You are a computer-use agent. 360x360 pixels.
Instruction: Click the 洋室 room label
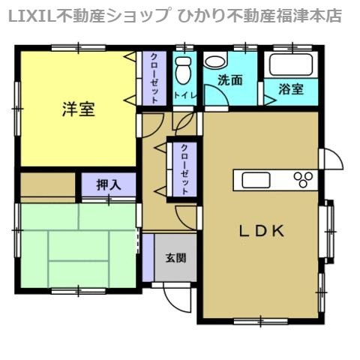[79, 109]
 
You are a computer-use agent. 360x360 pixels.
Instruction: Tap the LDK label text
[262, 231]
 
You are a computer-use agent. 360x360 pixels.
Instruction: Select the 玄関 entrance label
[176, 258]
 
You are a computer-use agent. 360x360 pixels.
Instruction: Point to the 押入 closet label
[109, 185]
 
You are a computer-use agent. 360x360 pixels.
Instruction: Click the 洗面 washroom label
[230, 80]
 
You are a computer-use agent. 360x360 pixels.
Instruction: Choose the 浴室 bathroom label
[291, 88]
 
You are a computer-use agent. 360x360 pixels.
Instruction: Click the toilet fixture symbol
[184, 70]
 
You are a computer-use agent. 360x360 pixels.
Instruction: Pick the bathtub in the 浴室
[291, 64]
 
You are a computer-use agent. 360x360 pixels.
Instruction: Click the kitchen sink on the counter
[256, 180]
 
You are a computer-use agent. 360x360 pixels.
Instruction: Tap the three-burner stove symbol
[303, 179]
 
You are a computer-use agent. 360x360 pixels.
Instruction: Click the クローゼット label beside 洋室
[154, 78]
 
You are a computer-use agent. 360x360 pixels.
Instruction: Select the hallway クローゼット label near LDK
[184, 169]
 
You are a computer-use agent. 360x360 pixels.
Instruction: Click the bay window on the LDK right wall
[329, 231]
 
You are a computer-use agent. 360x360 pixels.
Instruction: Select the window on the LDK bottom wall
[260, 321]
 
